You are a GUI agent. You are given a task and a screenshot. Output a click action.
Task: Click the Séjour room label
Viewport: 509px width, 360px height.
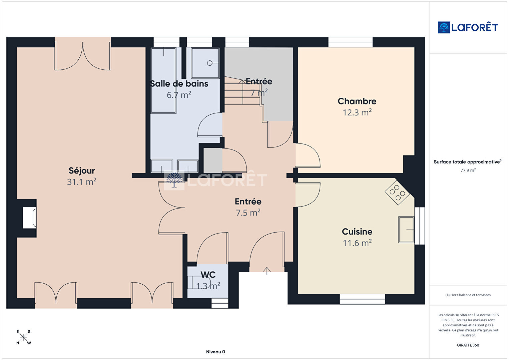(82, 170)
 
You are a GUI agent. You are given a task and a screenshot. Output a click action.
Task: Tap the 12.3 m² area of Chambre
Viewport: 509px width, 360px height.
(357, 112)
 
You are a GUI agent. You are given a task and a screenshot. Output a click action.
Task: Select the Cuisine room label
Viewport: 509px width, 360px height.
(357, 232)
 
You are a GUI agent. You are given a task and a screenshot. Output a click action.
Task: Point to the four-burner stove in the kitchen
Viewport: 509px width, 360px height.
(397, 193)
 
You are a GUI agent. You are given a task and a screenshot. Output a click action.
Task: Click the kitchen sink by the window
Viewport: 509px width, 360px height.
(406, 230)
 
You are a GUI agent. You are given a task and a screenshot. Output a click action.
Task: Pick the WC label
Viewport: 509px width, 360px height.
(208, 275)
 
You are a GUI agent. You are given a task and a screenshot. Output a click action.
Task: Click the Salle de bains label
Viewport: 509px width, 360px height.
(179, 84)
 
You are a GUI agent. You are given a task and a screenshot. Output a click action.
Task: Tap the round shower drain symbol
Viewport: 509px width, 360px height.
(210, 63)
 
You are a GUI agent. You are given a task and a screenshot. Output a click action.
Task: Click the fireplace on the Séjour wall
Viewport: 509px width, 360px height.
(30, 218)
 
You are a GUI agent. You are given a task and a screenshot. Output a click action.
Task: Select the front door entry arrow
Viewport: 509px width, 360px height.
(267, 271)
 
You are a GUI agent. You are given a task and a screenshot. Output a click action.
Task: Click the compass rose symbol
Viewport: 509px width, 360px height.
(23, 337)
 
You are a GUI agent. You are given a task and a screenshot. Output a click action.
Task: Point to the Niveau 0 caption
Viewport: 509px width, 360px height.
(215, 352)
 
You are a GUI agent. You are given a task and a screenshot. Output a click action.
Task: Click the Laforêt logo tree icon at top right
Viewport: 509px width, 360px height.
(444, 27)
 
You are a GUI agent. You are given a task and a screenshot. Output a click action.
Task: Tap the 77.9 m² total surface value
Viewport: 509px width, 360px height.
(468, 170)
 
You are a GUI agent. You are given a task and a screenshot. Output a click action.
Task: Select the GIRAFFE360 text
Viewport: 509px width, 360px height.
(468, 345)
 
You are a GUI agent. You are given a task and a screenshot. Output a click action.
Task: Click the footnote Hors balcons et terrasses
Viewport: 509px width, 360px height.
(468, 295)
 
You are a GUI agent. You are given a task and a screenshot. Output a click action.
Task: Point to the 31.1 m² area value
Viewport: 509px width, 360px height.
(82, 182)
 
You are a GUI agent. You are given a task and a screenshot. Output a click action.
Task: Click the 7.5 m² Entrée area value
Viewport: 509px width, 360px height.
(248, 213)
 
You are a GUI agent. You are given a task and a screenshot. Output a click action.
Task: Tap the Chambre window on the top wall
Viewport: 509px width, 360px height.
(350, 42)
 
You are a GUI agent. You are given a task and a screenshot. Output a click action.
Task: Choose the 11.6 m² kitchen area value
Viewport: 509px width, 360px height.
(357, 243)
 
